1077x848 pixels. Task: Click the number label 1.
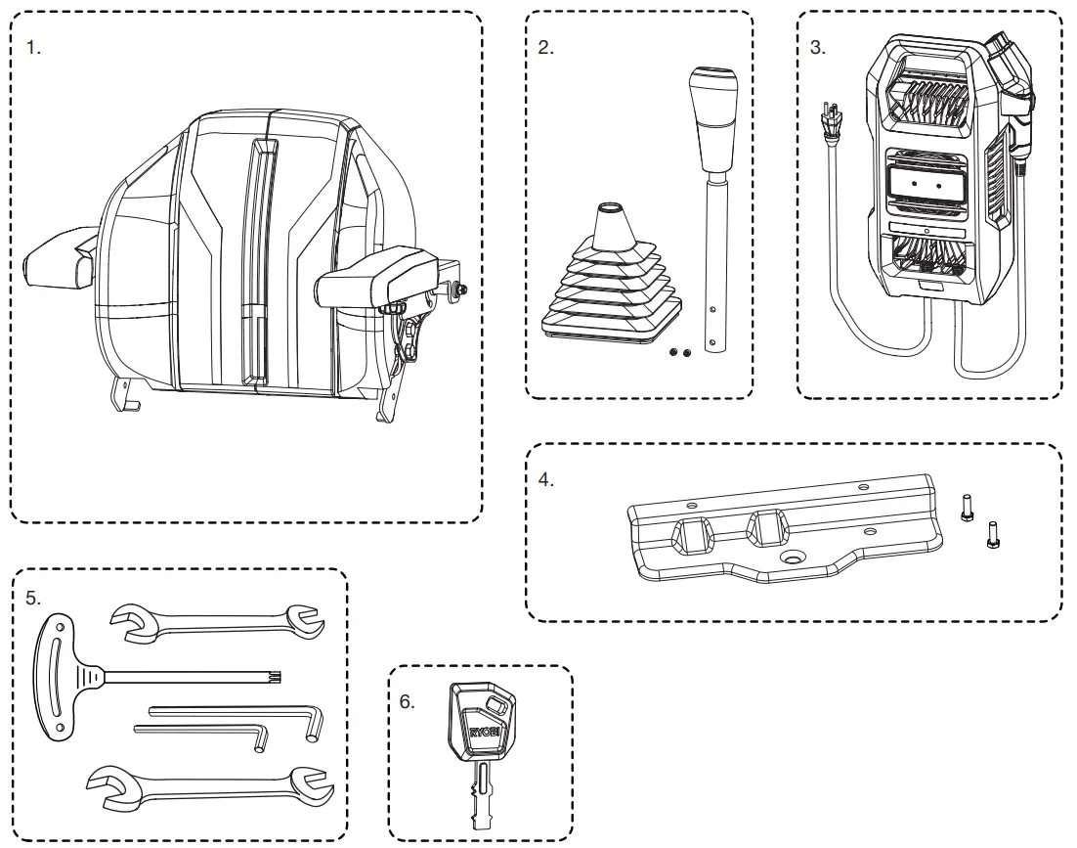[x=34, y=48]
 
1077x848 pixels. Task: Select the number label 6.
[x=408, y=703]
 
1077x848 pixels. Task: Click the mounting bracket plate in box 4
[x=782, y=533]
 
